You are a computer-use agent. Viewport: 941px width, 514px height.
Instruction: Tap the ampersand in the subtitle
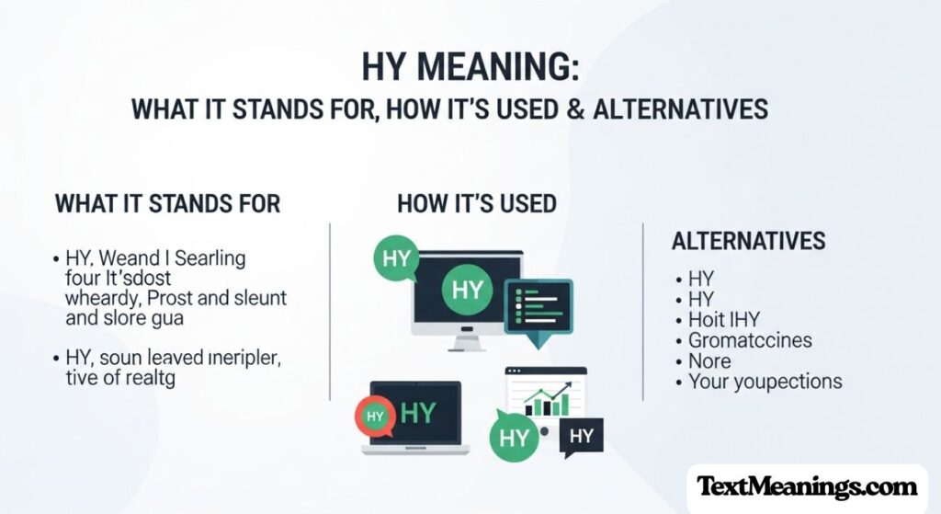tap(550, 109)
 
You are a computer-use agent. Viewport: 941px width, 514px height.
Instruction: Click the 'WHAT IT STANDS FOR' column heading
tap(168, 203)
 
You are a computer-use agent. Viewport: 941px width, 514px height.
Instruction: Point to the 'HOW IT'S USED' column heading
tap(477, 203)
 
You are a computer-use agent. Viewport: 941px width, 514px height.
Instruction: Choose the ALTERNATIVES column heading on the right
tap(749, 242)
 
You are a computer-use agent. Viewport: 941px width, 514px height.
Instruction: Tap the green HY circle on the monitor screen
tap(467, 291)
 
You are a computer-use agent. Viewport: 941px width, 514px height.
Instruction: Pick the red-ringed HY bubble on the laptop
tap(375, 416)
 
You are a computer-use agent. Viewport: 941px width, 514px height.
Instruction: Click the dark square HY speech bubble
tap(581, 436)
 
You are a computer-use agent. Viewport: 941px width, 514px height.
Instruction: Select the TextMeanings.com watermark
tap(807, 486)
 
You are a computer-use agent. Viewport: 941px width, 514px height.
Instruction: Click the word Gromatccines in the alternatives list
tap(751, 340)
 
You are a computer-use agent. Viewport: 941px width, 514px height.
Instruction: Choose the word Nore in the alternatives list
tap(710, 360)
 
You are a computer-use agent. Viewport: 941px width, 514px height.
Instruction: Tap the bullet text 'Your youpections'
tap(765, 382)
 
